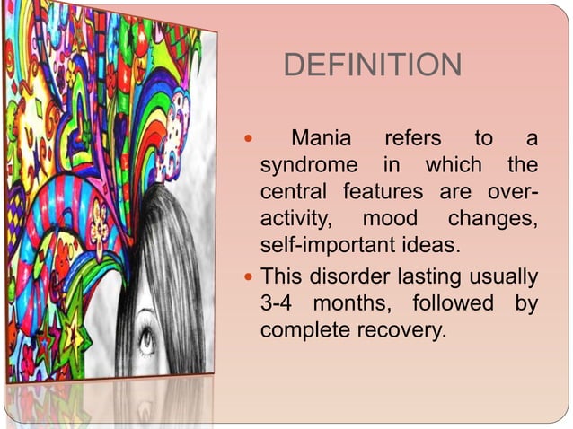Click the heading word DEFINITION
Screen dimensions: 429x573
(x=372, y=66)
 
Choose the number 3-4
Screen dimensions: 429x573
(x=278, y=303)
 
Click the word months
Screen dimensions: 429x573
(x=355, y=303)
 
